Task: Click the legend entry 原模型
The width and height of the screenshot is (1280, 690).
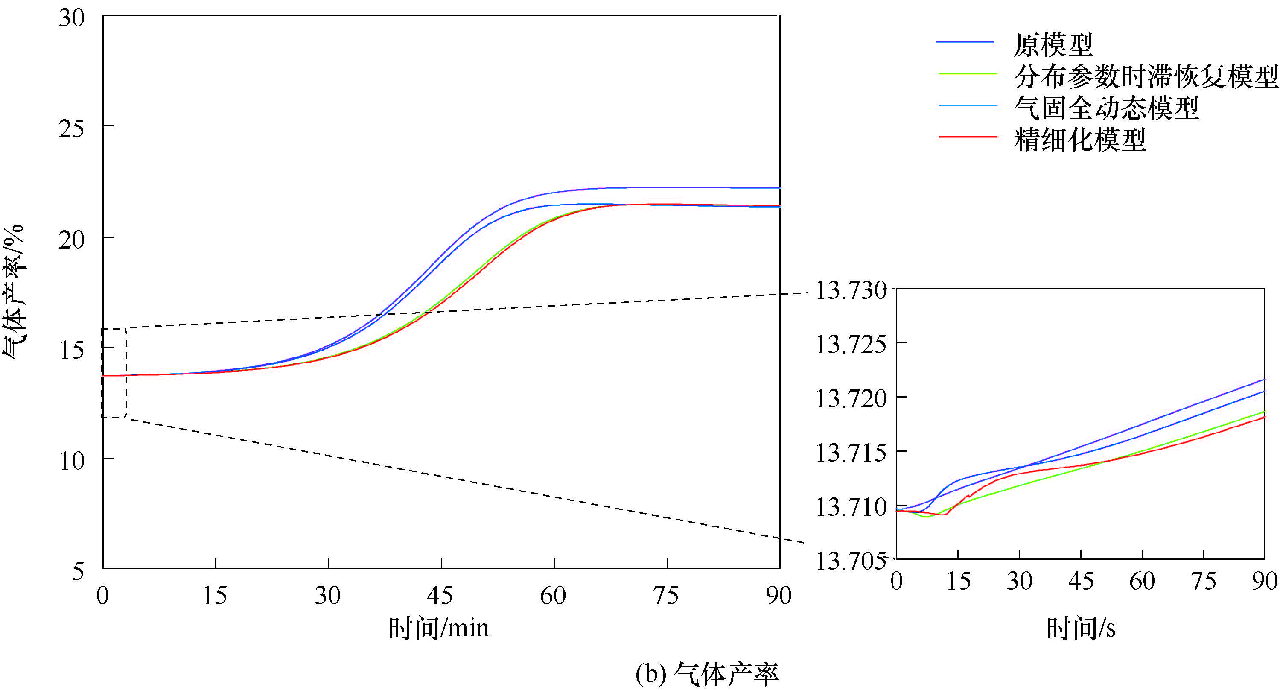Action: point(1053,45)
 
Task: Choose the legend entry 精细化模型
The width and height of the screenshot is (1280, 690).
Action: point(1080,140)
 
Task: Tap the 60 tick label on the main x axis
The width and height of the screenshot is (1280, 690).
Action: point(553,596)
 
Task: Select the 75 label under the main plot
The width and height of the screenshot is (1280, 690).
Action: point(666,596)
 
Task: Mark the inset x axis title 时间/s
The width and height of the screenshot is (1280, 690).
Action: point(1081,629)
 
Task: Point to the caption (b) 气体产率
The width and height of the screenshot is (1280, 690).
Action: point(707,674)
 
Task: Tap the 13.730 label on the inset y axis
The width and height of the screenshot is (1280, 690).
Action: point(851,290)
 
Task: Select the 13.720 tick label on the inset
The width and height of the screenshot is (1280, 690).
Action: point(851,399)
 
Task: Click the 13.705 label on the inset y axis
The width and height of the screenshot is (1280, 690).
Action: point(851,561)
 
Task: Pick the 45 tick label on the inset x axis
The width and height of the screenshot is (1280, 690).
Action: point(1081,581)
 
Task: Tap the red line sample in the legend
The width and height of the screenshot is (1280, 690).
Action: point(968,137)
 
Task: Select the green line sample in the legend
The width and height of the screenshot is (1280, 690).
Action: point(968,74)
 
